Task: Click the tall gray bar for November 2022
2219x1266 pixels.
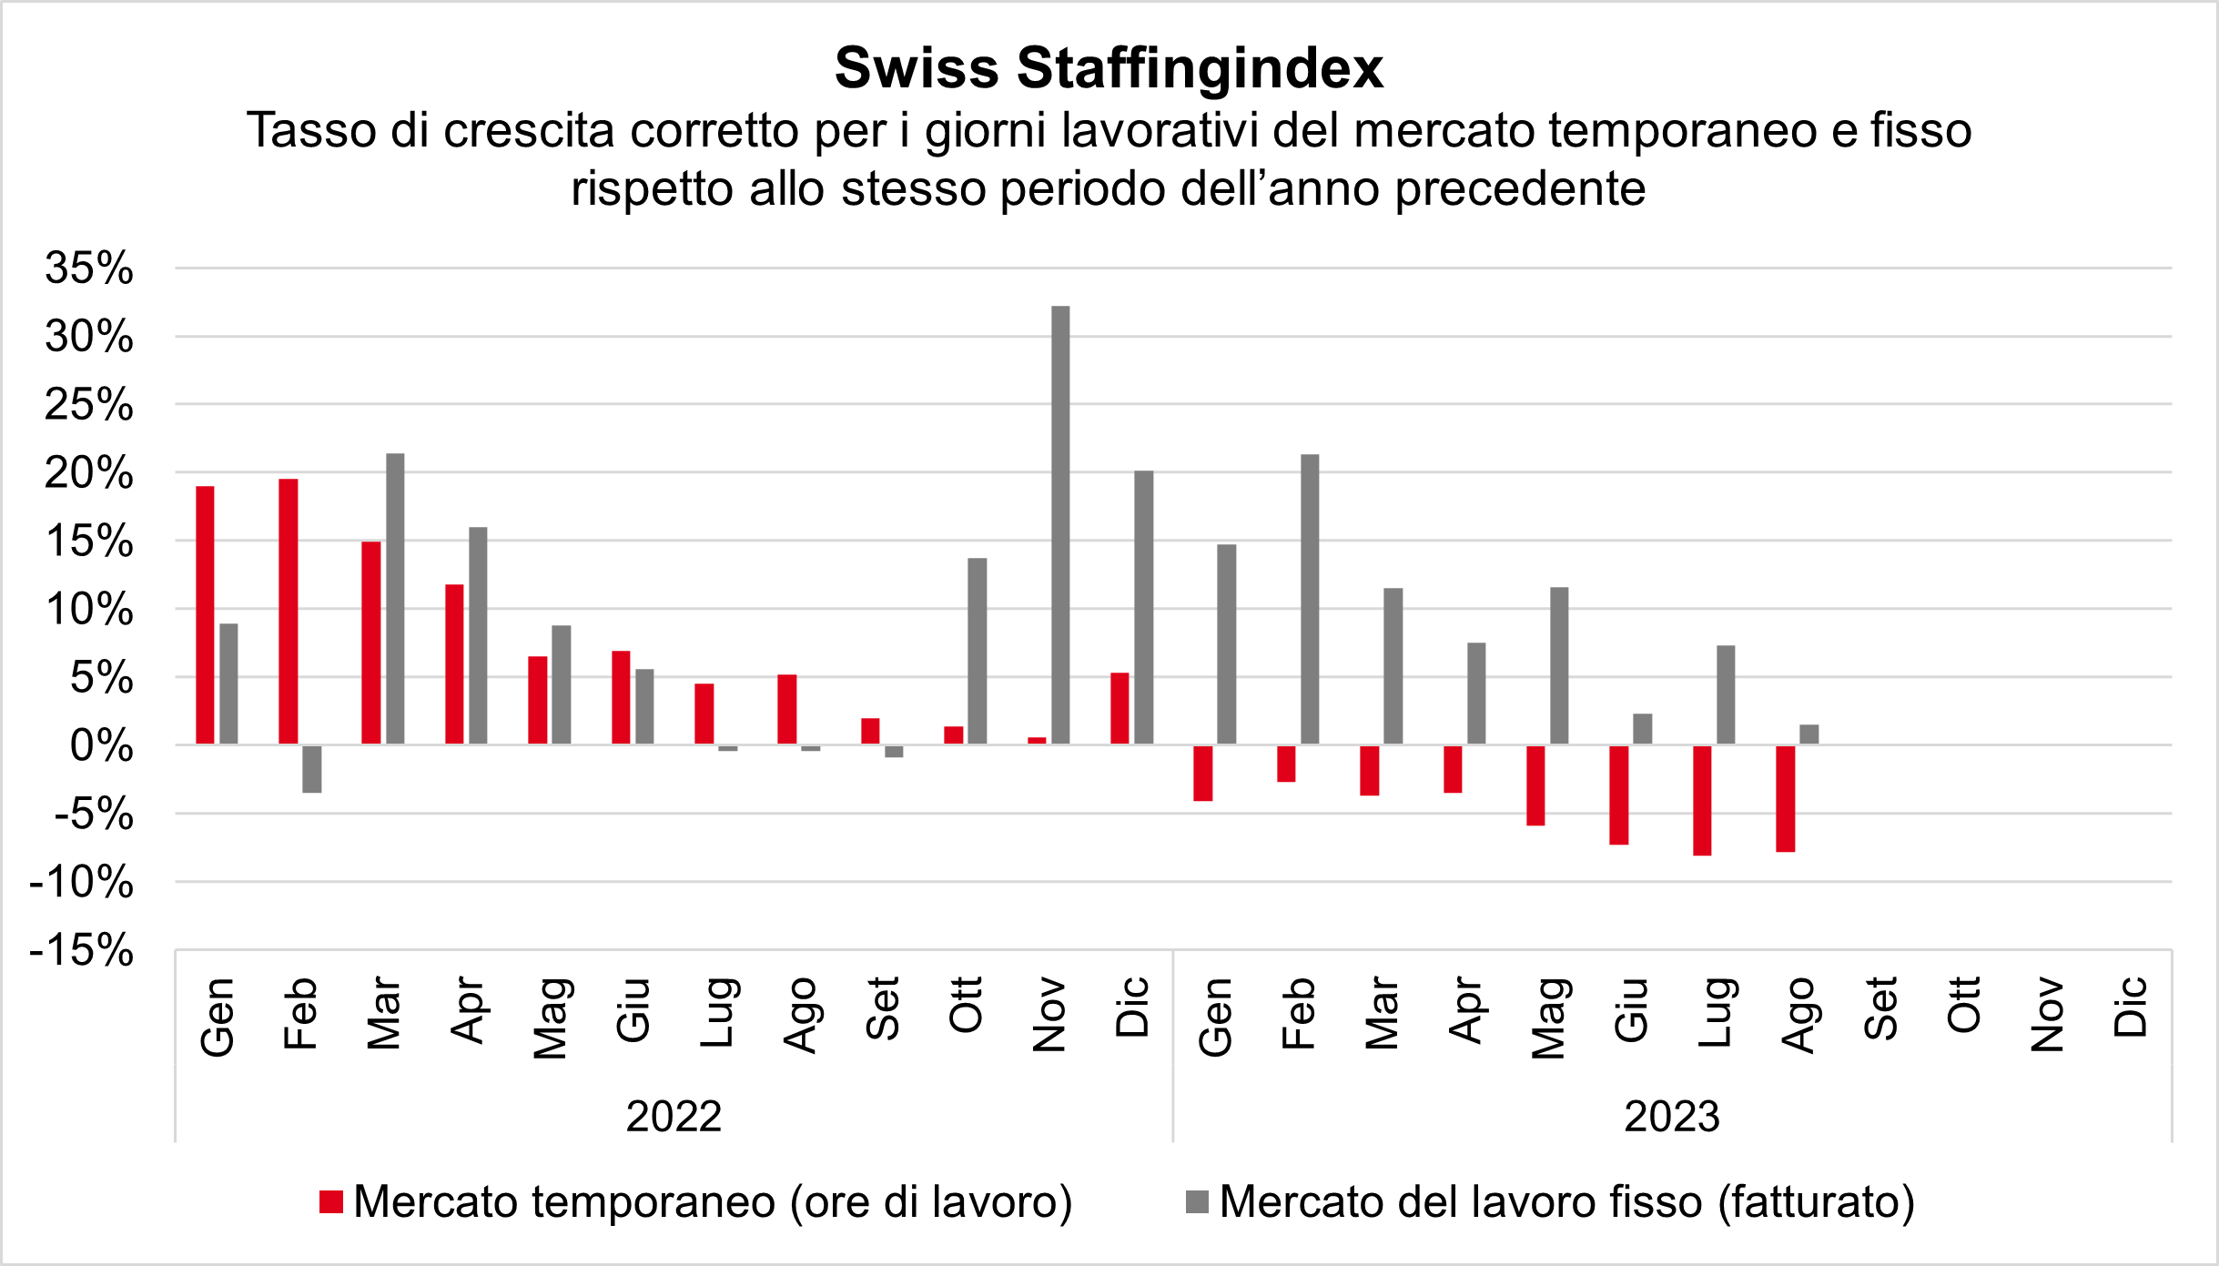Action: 1060,525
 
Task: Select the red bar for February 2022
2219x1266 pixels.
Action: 288,612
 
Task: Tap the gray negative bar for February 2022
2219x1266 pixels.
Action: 311,769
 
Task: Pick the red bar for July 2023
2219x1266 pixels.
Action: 1702,800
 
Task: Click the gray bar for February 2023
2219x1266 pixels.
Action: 1310,599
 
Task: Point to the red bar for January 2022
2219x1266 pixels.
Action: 205,615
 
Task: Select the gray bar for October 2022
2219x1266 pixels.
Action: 977,651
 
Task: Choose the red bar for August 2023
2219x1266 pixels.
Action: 1785,798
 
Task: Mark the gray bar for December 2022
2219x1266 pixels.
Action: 1143,607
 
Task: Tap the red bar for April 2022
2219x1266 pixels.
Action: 454,664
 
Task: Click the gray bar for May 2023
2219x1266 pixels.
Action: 1559,665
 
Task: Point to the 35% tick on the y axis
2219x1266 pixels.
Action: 89,268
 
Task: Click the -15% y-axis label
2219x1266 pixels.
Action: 82,950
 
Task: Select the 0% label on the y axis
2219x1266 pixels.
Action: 101,746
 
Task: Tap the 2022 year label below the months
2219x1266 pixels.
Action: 674,1117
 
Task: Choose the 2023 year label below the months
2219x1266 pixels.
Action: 1672,1117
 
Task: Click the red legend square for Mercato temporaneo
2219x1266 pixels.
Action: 331,1202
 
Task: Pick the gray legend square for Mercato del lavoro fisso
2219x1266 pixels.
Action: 1197,1202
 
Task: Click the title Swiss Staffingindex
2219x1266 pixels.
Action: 1109,68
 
